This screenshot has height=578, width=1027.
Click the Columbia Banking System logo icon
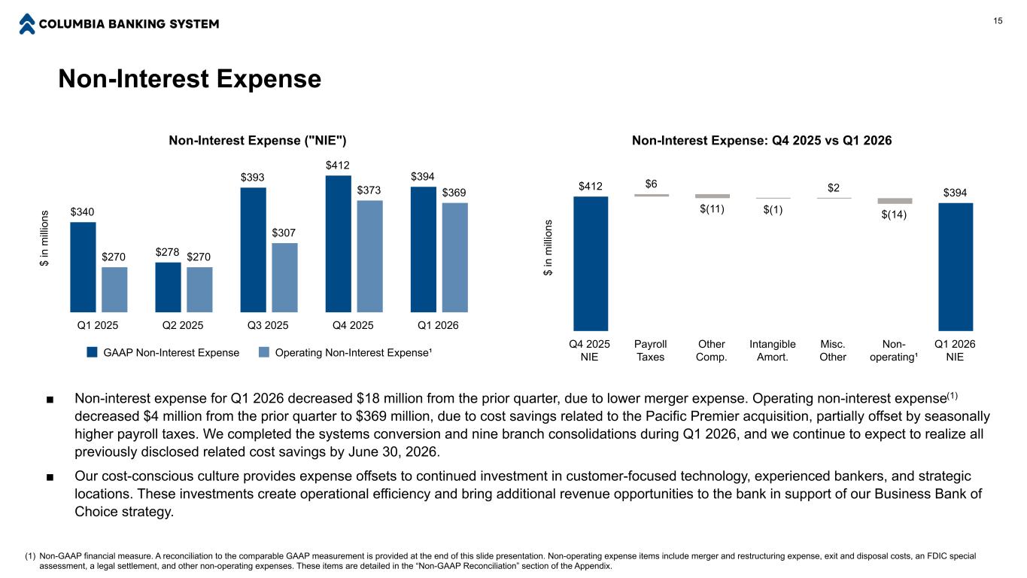[x=27, y=24]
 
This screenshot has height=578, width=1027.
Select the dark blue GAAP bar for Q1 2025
[x=83, y=266]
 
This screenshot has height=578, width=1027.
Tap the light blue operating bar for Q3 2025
[x=284, y=277]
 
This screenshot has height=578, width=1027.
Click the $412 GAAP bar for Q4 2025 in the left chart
[x=338, y=244]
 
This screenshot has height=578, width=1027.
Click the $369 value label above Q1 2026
[x=454, y=193]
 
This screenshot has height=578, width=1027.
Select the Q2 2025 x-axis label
[x=183, y=326]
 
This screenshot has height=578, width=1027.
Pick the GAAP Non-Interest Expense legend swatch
[x=92, y=352]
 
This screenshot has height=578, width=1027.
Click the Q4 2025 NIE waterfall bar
[x=590, y=263]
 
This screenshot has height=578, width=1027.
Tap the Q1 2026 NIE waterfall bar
[x=956, y=266]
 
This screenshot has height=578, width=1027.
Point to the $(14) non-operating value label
[x=894, y=215]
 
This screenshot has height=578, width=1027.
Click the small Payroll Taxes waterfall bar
[x=651, y=195]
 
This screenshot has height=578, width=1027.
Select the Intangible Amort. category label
[x=772, y=350]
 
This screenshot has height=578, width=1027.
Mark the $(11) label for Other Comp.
[x=711, y=209]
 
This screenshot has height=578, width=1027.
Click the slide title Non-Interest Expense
[x=190, y=79]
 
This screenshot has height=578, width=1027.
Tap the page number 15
[x=997, y=21]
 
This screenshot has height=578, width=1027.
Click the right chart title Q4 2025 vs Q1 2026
[x=761, y=140]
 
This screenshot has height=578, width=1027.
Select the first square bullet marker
[x=50, y=398]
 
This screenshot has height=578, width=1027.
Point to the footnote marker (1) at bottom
[x=30, y=556]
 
